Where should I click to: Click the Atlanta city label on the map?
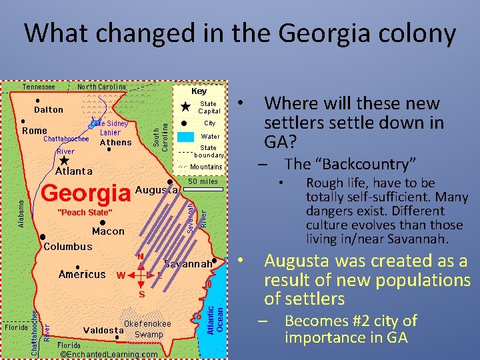pyautogui.click(x=74, y=171)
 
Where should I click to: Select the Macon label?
pyautogui.click(x=108, y=231)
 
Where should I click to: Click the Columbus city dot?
pyautogui.click(x=43, y=237)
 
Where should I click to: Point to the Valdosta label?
pyautogui.click(x=103, y=330)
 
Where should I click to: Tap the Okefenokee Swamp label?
pyautogui.click(x=147, y=329)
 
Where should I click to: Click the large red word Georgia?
pyautogui.click(x=86, y=193)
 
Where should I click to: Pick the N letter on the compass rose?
pyautogui.click(x=141, y=256)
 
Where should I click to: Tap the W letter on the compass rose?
pyautogui.click(x=121, y=275)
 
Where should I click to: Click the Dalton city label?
pyautogui.click(x=49, y=109)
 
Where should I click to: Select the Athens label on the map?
pyautogui.click(x=115, y=143)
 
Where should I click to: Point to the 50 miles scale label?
pyautogui.click(x=203, y=181)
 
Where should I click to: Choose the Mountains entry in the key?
pyautogui.click(x=206, y=167)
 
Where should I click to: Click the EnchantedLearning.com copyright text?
pyautogui.click(x=109, y=354)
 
